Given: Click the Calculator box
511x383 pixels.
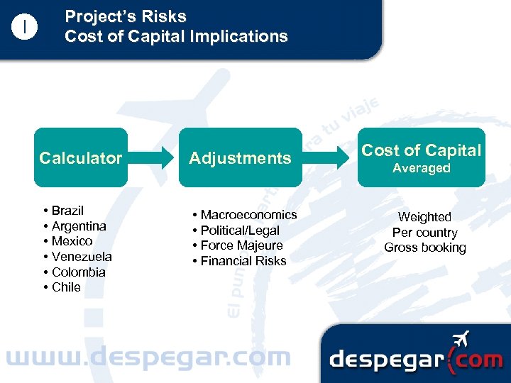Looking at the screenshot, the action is pyautogui.click(x=80, y=157).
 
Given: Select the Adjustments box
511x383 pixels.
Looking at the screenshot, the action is pyautogui.click(x=240, y=157).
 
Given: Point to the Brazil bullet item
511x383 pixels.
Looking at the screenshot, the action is pyautogui.click(x=67, y=211).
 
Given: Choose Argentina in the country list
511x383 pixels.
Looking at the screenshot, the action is pyautogui.click(x=79, y=226).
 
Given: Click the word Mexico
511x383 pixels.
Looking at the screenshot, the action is pyautogui.click(x=72, y=241).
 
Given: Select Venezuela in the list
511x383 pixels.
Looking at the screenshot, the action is pyautogui.click(x=82, y=257).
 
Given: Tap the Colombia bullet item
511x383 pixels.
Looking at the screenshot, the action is pyautogui.click(x=79, y=272).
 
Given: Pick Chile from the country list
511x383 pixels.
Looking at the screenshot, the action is pyautogui.click(x=66, y=287).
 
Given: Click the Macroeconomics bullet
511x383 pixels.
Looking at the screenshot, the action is pyautogui.click(x=248, y=215).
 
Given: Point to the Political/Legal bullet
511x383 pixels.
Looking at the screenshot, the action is pyautogui.click(x=240, y=231).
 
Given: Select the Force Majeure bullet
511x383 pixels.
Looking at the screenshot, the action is pyautogui.click(x=241, y=245).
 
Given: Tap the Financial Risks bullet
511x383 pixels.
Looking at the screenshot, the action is pyautogui.click(x=243, y=261).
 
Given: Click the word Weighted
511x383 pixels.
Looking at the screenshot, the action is pyautogui.click(x=424, y=217).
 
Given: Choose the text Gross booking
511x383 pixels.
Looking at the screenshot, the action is pyautogui.click(x=425, y=248).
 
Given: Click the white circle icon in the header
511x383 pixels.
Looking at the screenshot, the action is pyautogui.click(x=25, y=28).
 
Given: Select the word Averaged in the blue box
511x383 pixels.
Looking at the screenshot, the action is pyautogui.click(x=422, y=168).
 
